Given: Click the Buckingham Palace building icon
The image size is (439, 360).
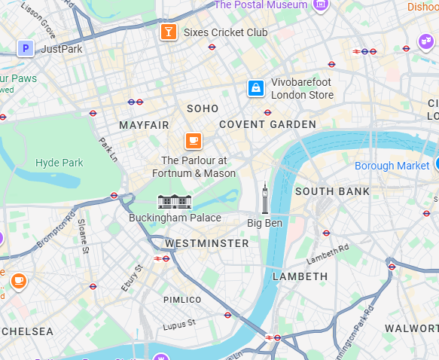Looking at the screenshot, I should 175,201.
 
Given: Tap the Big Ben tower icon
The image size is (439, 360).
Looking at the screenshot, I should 264,200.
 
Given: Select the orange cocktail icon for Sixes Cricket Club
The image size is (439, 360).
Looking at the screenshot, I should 168,32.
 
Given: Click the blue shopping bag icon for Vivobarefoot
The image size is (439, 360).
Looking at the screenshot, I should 256,89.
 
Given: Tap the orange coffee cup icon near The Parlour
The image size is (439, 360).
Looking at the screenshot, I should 194,141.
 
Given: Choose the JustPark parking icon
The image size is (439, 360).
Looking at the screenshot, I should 26,49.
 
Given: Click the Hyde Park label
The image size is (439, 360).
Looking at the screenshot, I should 59,163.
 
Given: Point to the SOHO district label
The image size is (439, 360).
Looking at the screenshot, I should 203,109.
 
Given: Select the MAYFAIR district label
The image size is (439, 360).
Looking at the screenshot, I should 144,124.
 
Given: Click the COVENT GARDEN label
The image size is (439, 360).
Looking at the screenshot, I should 267,124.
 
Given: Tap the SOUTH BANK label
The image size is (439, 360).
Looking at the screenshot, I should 332,191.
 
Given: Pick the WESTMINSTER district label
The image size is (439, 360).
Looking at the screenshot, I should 206,244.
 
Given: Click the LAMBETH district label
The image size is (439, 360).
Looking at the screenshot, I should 300,276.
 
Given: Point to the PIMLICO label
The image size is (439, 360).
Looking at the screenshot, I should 182,300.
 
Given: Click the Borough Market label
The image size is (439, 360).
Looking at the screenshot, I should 392,166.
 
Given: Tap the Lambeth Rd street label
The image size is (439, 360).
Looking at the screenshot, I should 328,255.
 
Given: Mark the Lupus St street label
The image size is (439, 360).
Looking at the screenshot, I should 178,323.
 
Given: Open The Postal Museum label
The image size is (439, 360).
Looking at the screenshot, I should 261,5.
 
